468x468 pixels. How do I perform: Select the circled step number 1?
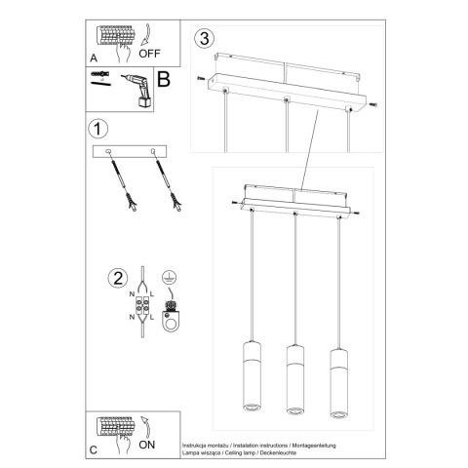click(x=96, y=129)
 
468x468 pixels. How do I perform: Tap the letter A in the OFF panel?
click(x=94, y=58)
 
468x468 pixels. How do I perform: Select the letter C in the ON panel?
click(x=93, y=450)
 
